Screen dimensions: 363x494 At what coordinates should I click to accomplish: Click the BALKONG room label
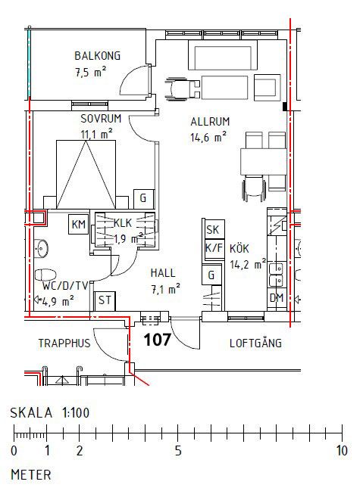click(97, 56)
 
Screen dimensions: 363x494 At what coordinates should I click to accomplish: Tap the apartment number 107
click(157, 340)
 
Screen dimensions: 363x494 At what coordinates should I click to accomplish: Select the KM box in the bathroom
click(79, 225)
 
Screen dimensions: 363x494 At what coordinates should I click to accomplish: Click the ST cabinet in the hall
click(105, 300)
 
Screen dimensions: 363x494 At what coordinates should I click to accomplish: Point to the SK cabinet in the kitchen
click(214, 230)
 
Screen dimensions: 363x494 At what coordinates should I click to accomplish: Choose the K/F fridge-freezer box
click(214, 248)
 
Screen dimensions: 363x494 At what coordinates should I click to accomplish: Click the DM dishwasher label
click(277, 298)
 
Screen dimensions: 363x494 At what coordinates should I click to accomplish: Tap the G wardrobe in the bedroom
click(144, 198)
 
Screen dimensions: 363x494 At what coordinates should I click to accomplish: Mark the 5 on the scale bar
click(178, 451)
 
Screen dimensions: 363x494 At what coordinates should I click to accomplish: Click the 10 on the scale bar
click(342, 451)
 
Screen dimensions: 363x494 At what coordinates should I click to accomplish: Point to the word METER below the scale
click(31, 475)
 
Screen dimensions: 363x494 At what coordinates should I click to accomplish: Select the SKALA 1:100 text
click(50, 413)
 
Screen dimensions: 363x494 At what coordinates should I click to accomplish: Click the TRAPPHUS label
click(64, 343)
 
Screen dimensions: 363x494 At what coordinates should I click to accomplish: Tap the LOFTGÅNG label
click(255, 343)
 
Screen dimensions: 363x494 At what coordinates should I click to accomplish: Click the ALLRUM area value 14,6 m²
click(208, 138)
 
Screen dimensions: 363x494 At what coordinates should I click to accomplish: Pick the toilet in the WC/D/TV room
click(45, 275)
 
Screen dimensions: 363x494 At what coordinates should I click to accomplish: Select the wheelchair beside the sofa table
click(183, 89)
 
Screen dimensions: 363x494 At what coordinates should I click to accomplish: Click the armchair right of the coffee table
click(267, 88)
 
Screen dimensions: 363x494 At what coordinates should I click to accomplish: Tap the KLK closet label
click(123, 223)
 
